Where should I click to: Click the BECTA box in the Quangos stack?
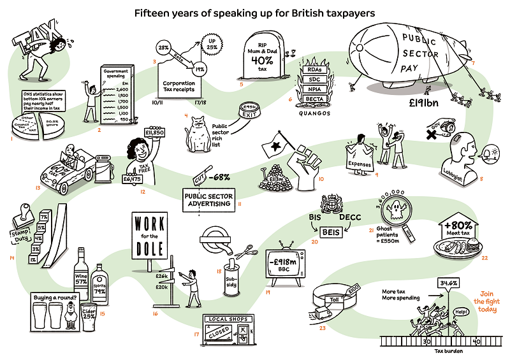click(x=313, y=100)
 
